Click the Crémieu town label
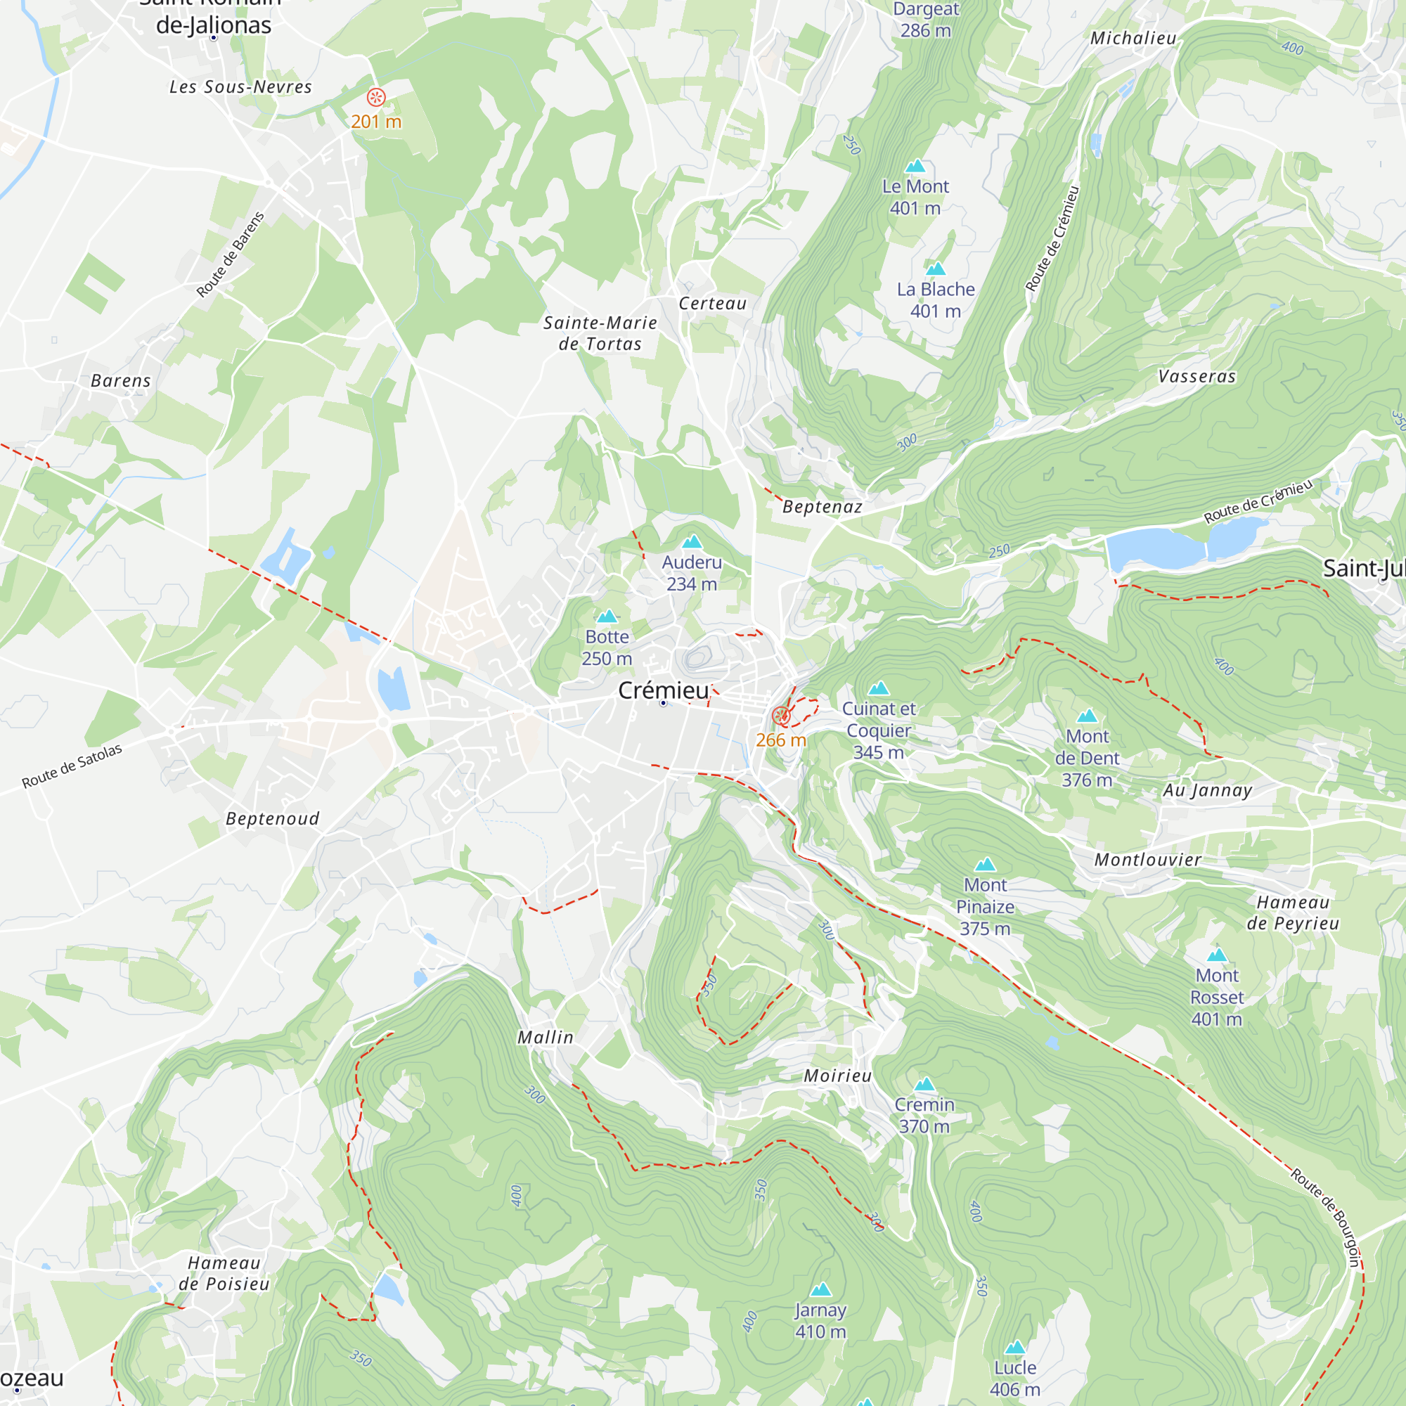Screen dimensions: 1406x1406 coord(662,690)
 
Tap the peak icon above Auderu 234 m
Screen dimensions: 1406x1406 coord(691,541)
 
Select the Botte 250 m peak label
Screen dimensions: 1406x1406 coord(607,647)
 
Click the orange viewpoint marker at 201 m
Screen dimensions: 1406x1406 coord(376,97)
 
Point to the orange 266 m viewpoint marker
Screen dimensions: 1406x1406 coord(781,716)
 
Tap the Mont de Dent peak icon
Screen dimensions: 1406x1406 coord(1087,716)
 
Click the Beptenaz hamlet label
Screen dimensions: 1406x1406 coord(822,506)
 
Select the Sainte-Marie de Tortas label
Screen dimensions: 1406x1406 coord(600,333)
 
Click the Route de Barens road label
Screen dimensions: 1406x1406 coord(230,254)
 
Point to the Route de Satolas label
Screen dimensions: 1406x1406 coord(71,766)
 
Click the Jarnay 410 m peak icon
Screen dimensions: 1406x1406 coord(821,1289)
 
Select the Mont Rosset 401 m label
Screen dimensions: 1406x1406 coord(1217,997)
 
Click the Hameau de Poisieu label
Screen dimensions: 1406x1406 coord(224,1274)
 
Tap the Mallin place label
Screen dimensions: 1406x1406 coord(545,1037)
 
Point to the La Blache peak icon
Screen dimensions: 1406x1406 coord(935,269)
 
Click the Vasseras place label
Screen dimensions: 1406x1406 coord(1197,376)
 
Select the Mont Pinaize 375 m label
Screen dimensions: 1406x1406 coord(985,907)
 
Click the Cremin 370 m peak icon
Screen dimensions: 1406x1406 coord(924,1084)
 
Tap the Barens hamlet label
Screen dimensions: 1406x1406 coord(121,380)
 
